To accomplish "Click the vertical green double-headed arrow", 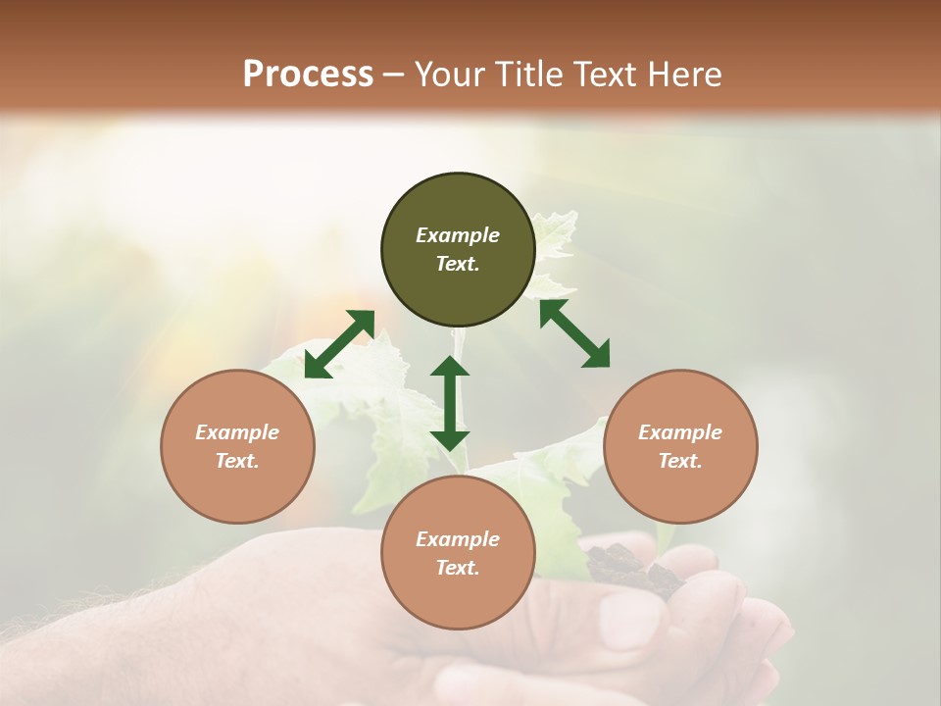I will coord(450,403).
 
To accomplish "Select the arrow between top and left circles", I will coord(339,344).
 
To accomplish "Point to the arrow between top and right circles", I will coord(574,333).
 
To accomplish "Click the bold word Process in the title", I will coord(308,74).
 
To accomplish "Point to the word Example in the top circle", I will coord(458,235).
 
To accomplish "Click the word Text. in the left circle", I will coord(237,461).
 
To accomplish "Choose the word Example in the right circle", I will coord(680,432).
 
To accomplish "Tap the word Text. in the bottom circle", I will coord(458,568).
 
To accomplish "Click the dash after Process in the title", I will coord(394,75).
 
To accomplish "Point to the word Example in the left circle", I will coord(237,432).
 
